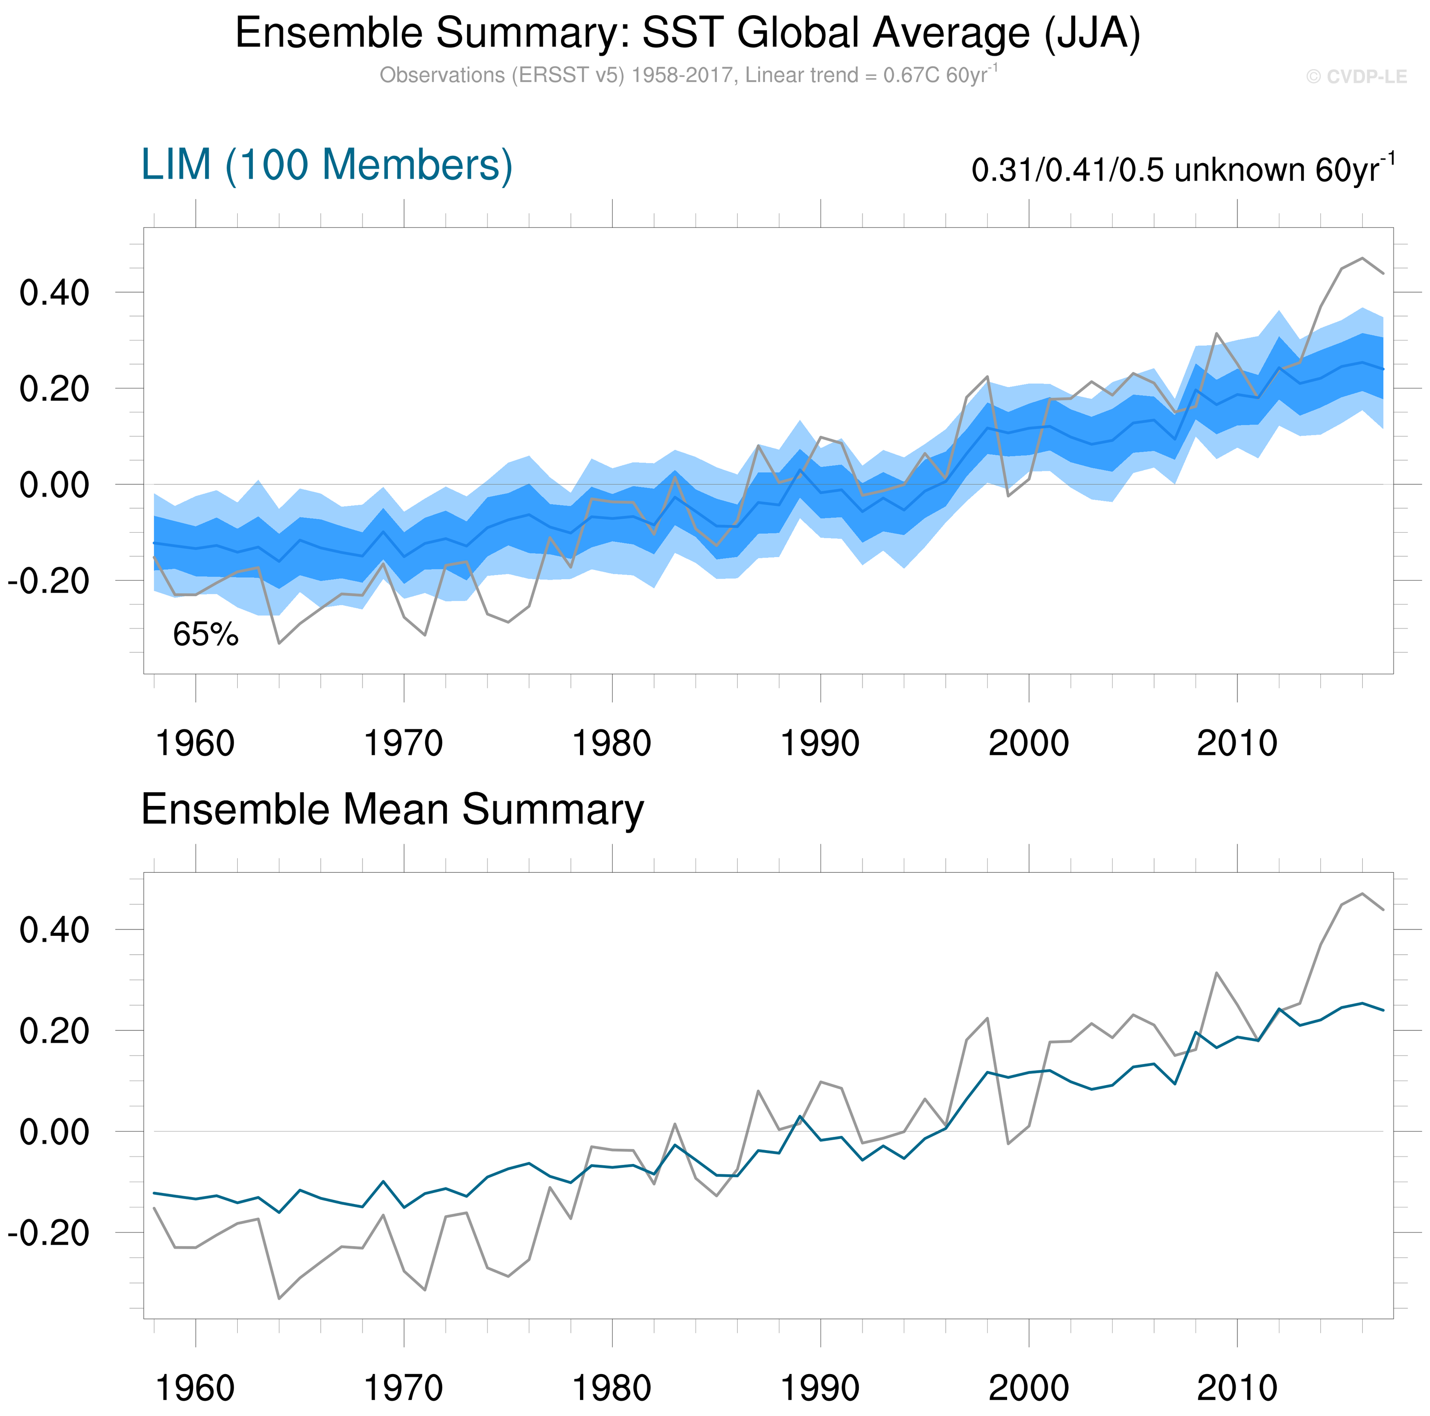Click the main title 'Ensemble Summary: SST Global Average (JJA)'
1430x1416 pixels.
pos(688,33)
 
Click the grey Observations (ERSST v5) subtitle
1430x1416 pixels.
pos(688,76)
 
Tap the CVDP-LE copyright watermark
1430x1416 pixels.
pos(1356,77)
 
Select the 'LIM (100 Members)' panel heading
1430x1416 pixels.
pos(327,165)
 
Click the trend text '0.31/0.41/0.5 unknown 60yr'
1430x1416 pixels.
pos(1182,170)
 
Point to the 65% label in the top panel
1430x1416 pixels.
pos(206,635)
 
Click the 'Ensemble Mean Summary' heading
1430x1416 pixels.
pos(393,809)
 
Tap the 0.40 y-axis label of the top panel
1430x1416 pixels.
pos(54,293)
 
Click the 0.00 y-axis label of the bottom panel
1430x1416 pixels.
pos(54,1132)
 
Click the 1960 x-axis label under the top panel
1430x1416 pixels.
pos(195,743)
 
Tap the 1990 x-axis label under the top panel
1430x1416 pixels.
pos(820,743)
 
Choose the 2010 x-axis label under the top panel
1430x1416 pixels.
pos(1237,743)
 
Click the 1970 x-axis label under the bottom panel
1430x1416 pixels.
pos(404,1388)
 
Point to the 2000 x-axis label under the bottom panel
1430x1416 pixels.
pos(1029,1388)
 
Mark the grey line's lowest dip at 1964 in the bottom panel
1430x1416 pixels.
pos(279,1299)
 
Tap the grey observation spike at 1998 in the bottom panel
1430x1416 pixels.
pos(987,1018)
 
